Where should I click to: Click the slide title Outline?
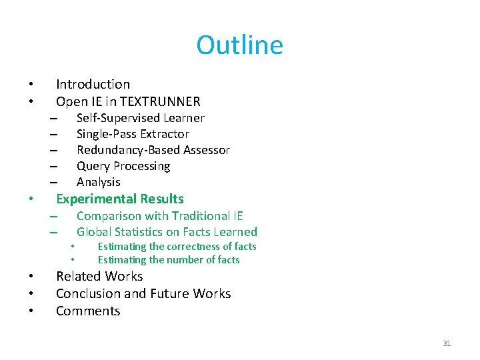click(239, 45)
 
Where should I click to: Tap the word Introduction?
click(93, 84)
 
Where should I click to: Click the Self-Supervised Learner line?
click(140, 118)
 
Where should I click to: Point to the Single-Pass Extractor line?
click(133, 134)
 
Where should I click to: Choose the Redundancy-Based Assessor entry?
click(153, 150)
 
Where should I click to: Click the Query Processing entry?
click(123, 166)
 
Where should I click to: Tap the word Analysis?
click(99, 182)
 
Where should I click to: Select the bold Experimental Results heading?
click(119, 199)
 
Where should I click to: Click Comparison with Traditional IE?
click(159, 215)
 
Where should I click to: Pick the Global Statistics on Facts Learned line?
click(167, 232)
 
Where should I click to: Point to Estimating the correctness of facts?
click(177, 247)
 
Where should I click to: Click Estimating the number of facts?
click(169, 260)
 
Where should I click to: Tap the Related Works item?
click(99, 276)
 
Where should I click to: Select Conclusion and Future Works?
click(143, 293)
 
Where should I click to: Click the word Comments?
click(88, 311)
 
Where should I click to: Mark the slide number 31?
click(447, 343)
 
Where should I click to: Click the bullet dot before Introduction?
click(31, 85)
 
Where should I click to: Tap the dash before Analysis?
click(53, 183)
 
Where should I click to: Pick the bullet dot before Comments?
click(31, 311)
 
